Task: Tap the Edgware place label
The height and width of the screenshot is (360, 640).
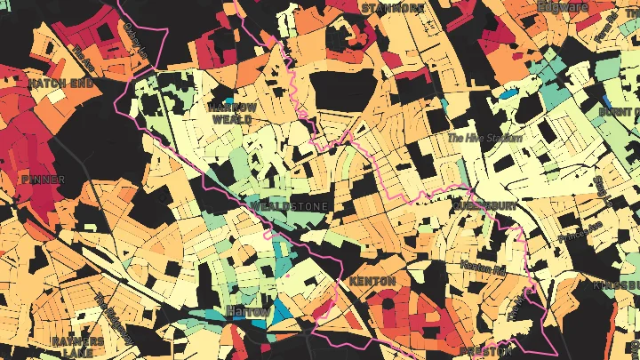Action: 564,7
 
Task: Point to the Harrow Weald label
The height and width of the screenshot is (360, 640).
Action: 232,112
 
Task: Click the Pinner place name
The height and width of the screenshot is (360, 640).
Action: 43,179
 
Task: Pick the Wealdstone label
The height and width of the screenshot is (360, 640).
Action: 289,206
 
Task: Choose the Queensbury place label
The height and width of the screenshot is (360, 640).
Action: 484,205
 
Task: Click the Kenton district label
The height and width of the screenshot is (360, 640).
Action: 372,281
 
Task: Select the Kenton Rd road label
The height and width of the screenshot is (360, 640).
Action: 482,266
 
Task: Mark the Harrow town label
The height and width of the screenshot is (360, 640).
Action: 246,311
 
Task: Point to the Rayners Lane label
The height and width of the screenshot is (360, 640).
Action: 77,347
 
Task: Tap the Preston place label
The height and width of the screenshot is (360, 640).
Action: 484,352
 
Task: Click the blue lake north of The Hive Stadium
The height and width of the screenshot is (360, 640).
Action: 508,92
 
